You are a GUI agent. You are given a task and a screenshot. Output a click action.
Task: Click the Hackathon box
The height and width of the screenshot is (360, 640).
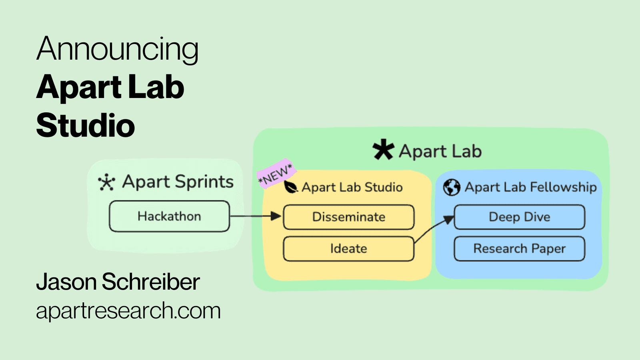click(x=169, y=216)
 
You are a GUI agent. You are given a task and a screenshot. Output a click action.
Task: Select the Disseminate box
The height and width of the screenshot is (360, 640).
click(x=348, y=217)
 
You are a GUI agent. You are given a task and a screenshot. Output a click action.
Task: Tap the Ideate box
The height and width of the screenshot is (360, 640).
click(x=348, y=249)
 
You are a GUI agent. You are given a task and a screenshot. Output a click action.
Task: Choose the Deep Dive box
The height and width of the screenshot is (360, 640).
click(x=519, y=217)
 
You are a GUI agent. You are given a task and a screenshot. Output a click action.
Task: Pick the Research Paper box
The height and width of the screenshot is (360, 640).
click(x=519, y=249)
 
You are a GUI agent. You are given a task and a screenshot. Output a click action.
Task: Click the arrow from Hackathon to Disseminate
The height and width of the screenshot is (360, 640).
click(x=256, y=216)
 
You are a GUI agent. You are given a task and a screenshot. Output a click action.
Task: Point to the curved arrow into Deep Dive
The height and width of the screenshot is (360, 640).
click(x=434, y=228)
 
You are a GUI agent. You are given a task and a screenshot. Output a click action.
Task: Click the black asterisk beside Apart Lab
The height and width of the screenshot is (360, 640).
click(x=383, y=150)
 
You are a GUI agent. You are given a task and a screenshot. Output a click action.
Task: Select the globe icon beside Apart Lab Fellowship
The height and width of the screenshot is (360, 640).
click(x=452, y=187)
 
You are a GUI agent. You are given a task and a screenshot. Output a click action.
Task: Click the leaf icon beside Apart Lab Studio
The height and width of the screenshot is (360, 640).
click(x=290, y=187)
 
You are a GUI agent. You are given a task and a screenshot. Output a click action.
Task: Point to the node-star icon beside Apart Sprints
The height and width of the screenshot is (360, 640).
click(x=106, y=182)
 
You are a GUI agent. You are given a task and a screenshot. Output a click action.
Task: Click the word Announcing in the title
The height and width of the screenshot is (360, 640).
click(x=117, y=50)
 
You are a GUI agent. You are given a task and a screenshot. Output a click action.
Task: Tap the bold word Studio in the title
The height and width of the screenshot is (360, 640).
click(x=86, y=125)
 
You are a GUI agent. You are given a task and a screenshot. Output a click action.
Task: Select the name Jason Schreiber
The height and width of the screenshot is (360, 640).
click(x=118, y=282)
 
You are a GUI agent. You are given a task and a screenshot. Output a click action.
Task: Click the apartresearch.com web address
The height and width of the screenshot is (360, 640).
click(x=128, y=311)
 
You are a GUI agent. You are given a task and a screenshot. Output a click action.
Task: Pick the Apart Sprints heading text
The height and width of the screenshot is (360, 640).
click(x=178, y=182)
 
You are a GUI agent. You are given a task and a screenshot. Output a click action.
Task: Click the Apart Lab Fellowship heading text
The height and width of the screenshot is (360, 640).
click(x=530, y=187)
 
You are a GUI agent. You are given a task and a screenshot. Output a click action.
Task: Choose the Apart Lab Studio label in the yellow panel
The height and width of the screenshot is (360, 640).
click(x=352, y=187)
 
